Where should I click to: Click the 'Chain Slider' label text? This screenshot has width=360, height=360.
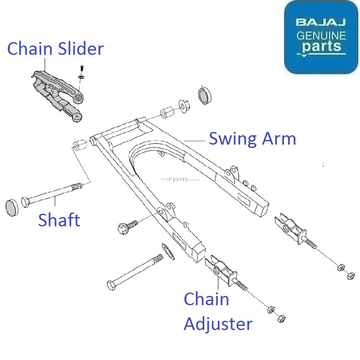[55, 49]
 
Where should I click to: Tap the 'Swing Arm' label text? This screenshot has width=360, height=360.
[252, 138]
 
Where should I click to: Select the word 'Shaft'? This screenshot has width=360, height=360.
[59, 220]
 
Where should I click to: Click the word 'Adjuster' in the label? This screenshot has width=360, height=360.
[218, 324]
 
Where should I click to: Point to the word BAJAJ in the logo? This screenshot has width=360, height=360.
[321, 22]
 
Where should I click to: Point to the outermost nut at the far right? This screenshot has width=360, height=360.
[350, 277]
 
